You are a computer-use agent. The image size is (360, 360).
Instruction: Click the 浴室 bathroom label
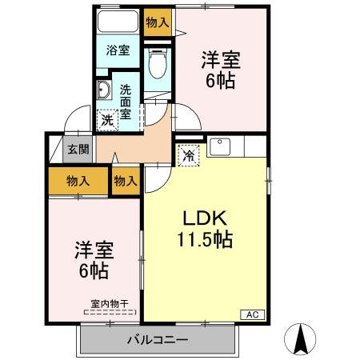pos(118,50)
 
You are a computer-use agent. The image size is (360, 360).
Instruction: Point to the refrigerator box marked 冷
pos(189,155)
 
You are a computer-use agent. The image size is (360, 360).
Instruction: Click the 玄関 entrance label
pos(78,148)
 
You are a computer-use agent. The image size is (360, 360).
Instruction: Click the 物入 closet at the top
pos(157,22)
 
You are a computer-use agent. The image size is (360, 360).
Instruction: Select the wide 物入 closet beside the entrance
pos(78,181)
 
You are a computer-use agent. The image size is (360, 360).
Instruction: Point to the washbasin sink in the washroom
pos(104,89)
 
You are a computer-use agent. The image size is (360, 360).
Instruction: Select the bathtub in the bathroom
pos(118,23)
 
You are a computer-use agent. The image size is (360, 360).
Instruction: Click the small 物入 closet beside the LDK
pos(126,181)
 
